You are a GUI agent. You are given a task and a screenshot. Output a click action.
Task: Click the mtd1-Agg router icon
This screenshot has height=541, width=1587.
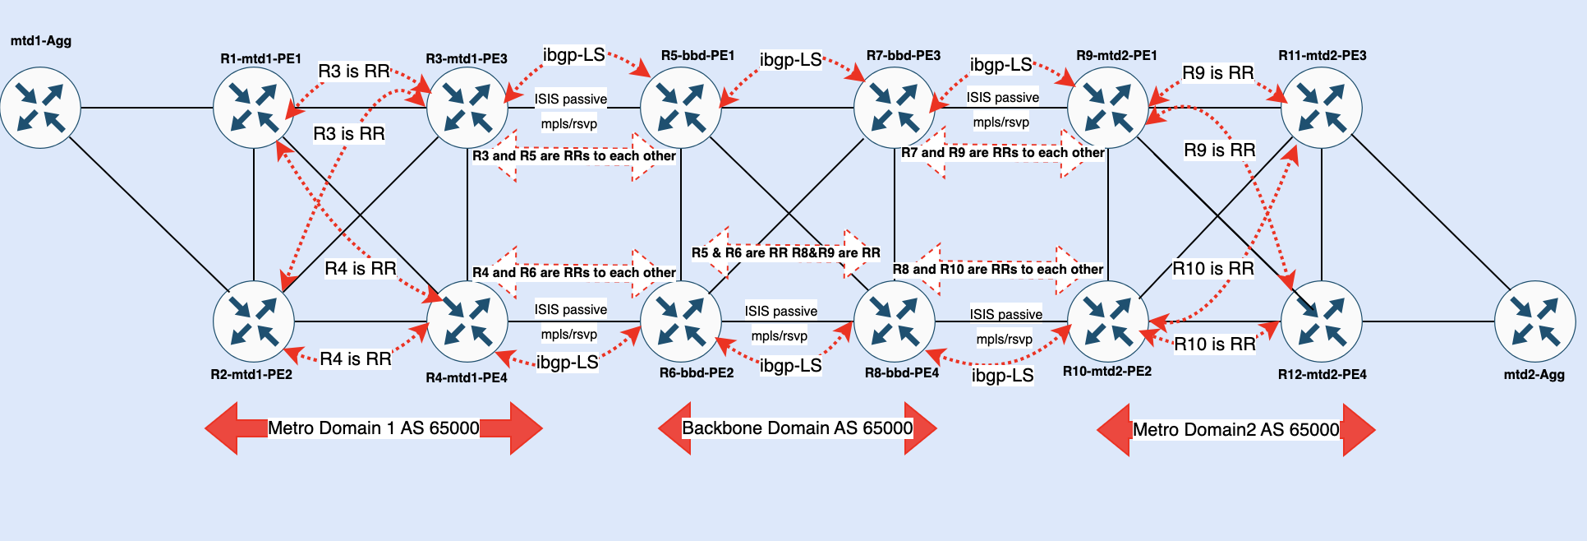coord(40,108)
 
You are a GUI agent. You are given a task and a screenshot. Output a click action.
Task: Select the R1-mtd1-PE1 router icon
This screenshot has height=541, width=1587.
coord(254,108)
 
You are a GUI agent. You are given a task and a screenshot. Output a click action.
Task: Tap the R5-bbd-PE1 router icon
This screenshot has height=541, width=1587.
coord(681,108)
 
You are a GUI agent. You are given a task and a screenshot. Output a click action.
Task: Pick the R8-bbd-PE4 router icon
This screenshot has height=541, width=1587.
coord(895,321)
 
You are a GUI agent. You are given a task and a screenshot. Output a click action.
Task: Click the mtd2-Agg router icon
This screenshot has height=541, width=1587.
coord(1534,321)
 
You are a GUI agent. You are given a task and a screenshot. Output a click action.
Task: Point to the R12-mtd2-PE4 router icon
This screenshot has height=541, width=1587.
coord(1322,321)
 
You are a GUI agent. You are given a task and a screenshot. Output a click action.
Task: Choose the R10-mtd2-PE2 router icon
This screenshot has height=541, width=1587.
coord(1108,321)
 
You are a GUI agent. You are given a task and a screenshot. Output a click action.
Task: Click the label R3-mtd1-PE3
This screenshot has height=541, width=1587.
coord(467,58)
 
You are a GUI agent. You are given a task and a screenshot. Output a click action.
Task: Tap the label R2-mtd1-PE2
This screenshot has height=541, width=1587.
coord(251,374)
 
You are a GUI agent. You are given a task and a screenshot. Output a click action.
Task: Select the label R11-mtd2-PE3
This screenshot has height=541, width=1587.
coord(1322,55)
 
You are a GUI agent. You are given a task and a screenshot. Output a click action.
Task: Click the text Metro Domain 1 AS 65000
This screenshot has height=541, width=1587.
coord(374,428)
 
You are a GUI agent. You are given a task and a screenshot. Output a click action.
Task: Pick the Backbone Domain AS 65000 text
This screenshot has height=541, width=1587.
coord(797,428)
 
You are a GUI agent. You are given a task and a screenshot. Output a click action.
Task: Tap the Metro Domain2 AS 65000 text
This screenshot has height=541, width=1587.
coord(1235,429)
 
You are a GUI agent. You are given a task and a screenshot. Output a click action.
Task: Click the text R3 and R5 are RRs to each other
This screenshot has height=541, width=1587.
coord(574,155)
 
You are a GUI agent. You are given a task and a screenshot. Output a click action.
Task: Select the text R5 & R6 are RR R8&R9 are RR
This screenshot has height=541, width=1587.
coord(785,252)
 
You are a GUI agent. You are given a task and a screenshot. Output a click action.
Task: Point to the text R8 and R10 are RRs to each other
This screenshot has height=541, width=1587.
coord(998,269)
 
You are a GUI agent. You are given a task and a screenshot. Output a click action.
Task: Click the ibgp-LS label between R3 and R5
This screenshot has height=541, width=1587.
coord(573,55)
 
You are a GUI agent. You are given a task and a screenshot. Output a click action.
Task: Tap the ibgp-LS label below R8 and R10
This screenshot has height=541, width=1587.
coord(1002,376)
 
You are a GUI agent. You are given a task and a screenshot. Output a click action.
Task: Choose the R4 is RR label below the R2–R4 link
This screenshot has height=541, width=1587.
coord(355,358)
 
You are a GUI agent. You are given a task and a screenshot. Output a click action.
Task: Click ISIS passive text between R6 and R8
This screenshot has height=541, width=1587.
coord(780,311)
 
